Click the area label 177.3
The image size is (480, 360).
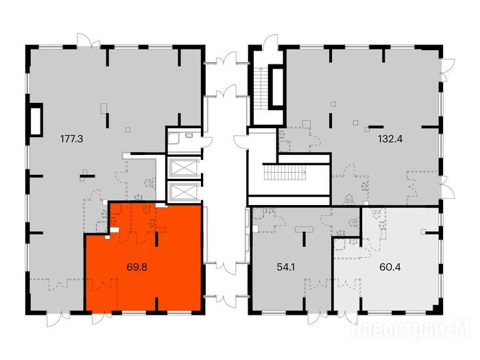71,139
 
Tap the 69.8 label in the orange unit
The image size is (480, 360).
137,267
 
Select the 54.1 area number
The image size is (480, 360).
286,267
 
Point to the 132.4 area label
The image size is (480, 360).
390,139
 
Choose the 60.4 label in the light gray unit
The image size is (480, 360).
390,267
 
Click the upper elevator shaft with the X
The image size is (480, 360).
183,168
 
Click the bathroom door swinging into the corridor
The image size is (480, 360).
207,142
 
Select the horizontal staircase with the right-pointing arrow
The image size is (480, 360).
285,172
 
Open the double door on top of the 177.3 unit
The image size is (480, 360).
88,40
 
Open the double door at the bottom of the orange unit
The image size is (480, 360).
103,317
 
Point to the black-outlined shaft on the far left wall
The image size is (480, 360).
36,119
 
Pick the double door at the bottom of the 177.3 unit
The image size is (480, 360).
58,319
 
